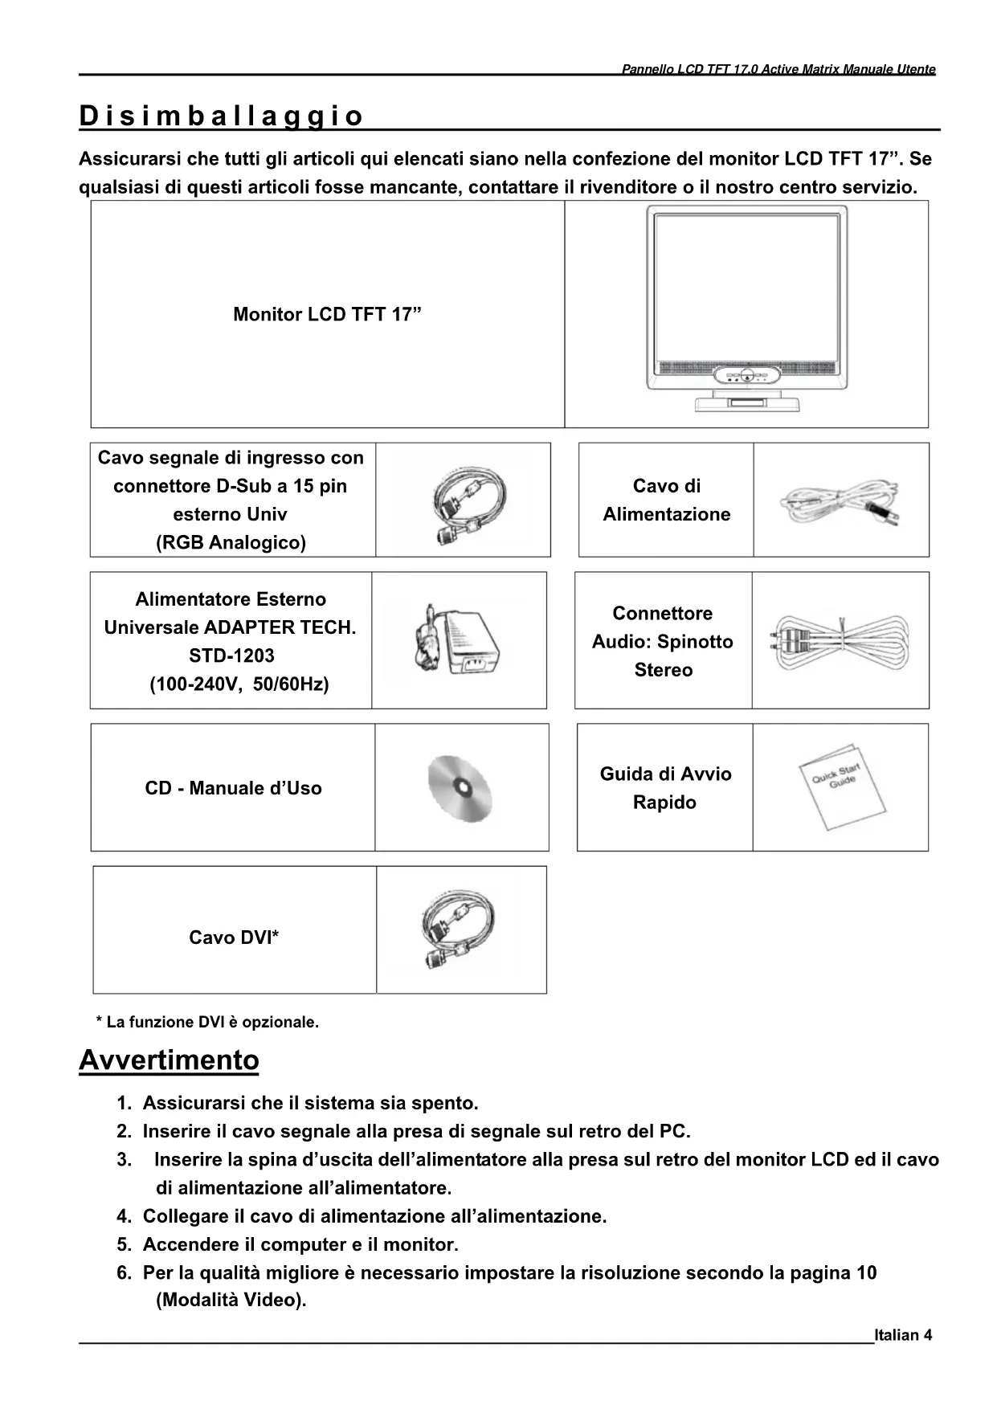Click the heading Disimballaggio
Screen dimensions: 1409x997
(221, 116)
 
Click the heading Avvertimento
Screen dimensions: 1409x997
(169, 1060)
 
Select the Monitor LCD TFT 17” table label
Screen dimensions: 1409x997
(327, 314)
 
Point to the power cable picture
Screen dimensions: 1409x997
(840, 501)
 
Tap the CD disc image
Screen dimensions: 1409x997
(460, 788)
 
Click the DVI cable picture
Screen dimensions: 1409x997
(460, 929)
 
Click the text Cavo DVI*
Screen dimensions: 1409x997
(234, 937)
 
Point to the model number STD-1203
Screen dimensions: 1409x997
(231, 655)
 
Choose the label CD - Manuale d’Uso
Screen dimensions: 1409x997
(233, 788)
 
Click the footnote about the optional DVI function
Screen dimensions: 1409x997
(207, 1022)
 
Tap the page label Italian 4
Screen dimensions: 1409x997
(903, 1335)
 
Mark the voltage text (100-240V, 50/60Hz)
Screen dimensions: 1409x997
(239, 684)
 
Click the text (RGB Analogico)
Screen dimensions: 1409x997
(231, 542)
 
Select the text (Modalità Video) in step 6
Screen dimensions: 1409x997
(231, 1300)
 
